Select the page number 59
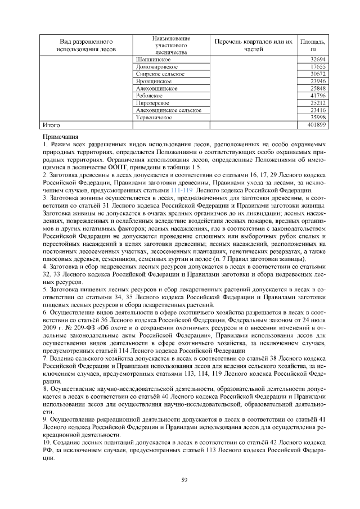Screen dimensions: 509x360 point(183,479)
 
